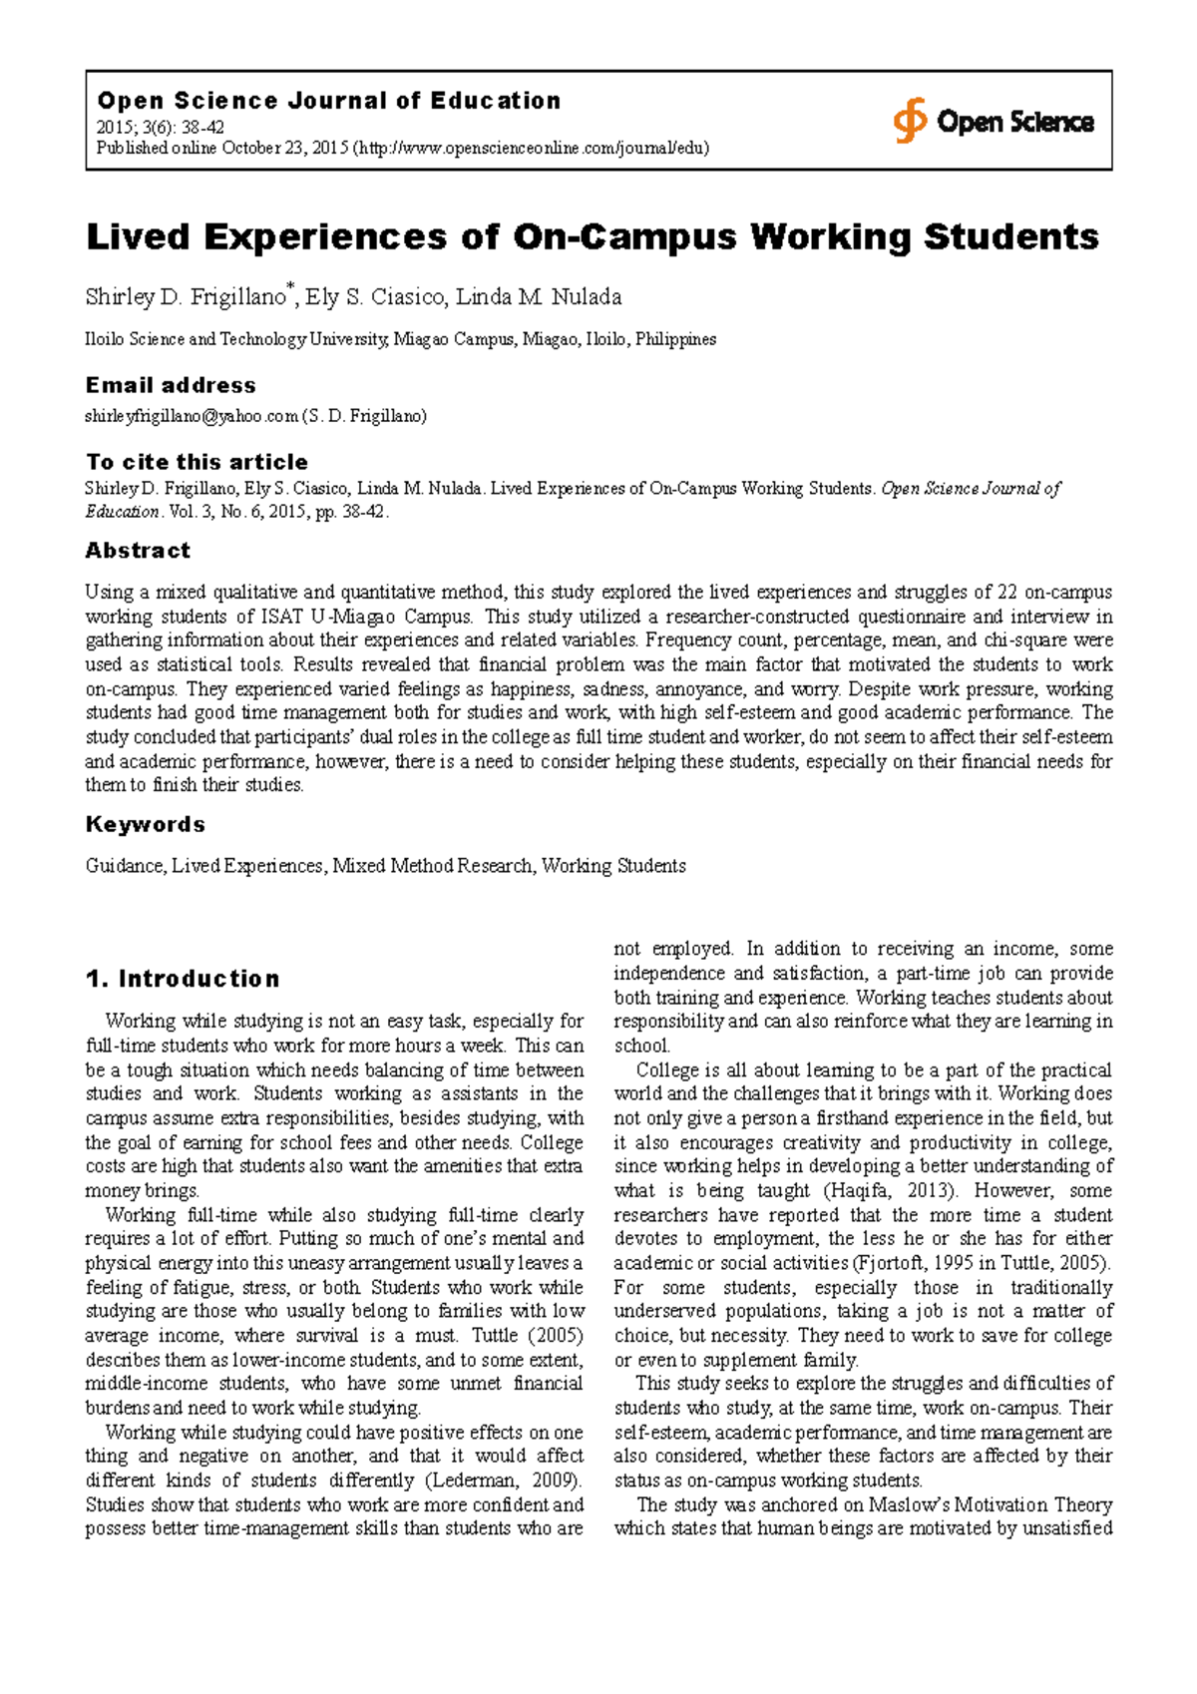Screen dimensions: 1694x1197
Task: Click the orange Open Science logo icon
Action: point(909,121)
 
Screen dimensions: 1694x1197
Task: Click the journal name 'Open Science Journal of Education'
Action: point(328,101)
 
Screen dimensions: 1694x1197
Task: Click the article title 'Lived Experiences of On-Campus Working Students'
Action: point(593,237)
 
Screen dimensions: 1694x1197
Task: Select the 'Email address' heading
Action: point(171,385)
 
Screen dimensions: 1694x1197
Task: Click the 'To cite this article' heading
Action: point(197,462)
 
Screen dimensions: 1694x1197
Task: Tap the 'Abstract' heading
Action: point(138,551)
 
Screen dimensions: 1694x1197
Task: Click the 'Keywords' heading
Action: point(146,824)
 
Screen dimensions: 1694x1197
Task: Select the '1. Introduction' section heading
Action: point(183,979)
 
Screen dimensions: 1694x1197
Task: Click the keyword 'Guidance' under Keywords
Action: point(125,866)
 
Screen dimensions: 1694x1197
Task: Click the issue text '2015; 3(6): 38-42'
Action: point(160,128)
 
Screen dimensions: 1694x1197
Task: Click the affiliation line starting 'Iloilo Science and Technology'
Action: point(400,339)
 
